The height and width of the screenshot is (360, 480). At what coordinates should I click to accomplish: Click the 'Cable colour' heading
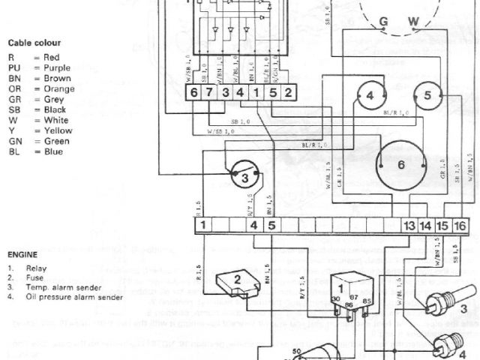[x=34, y=42]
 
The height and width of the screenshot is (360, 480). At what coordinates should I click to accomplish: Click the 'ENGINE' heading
[x=22, y=254]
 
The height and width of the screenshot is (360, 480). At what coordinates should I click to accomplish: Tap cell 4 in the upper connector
[x=240, y=93]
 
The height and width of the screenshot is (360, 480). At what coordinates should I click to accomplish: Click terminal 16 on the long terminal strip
[x=461, y=224]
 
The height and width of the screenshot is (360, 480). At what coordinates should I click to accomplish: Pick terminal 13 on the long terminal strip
[x=409, y=224]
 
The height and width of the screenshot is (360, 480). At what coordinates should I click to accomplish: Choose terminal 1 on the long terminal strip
[x=203, y=224]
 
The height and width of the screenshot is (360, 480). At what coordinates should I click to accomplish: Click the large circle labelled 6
[x=401, y=163]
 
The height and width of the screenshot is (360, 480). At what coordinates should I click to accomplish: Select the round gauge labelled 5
[x=427, y=95]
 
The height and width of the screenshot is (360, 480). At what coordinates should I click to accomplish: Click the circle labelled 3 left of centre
[x=244, y=178]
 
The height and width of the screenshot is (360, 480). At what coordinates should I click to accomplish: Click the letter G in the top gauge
[x=383, y=22]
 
